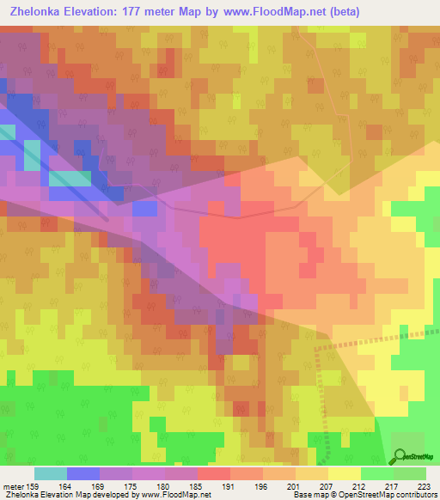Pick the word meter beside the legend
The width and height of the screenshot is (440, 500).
coord(15,486)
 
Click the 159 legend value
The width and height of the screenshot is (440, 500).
coord(37,486)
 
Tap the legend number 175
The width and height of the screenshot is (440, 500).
coord(135,486)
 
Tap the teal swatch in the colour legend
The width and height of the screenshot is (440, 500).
coord(50,473)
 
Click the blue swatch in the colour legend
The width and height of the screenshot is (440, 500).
coord(82,473)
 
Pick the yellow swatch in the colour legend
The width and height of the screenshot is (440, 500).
coord(344,473)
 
